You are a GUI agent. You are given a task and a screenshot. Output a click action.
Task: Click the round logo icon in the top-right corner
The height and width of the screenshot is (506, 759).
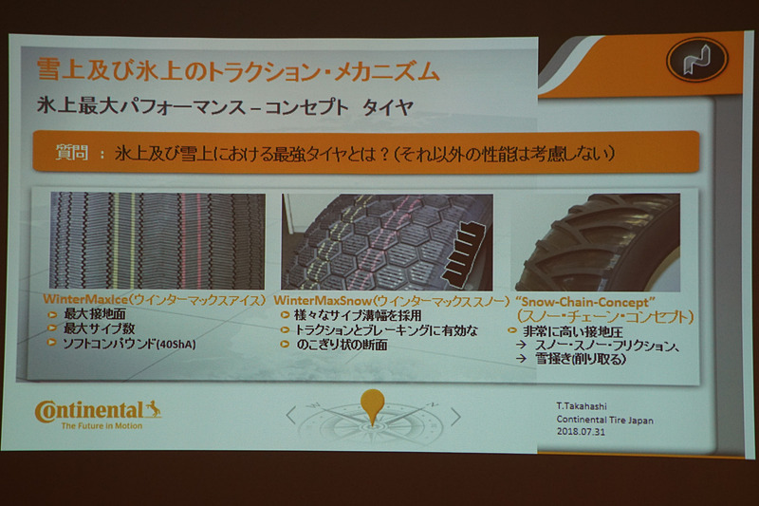point(696,59)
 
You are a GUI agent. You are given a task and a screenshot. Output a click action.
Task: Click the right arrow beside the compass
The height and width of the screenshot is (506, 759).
point(455,416)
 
